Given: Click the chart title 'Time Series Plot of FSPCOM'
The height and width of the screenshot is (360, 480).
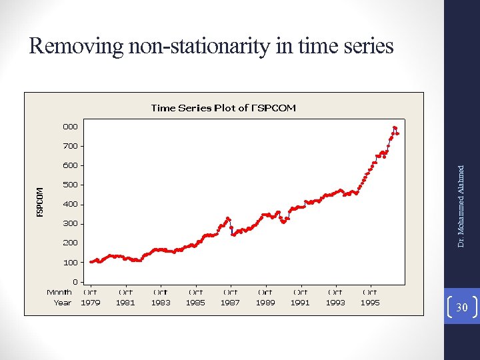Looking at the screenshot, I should [x=223, y=107].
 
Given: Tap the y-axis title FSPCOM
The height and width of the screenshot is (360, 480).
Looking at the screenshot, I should [x=40, y=201].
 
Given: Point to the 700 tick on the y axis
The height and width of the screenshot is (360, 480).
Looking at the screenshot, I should [x=70, y=145].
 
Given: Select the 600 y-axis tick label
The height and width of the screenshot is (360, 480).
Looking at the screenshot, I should [x=70, y=165].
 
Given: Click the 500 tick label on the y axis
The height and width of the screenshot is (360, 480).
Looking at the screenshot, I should [x=70, y=185].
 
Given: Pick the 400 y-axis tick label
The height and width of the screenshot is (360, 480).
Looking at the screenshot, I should [x=70, y=204].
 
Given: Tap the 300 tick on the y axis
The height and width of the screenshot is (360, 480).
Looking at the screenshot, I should [x=70, y=223].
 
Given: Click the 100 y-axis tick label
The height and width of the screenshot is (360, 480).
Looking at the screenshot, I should [x=70, y=262].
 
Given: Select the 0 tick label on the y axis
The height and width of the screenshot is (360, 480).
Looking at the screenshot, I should [x=75, y=282].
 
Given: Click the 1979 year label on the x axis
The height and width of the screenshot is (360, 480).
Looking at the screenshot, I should [x=90, y=302].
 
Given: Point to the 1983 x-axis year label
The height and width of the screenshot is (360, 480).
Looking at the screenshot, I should [x=160, y=302].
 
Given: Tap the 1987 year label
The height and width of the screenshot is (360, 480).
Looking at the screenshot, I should [x=230, y=302].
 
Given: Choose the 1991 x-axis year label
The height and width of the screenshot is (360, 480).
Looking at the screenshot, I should [x=300, y=302].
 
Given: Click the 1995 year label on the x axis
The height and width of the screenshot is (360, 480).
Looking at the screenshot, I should [x=370, y=302].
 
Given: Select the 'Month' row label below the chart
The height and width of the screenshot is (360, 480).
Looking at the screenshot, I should [x=59, y=292].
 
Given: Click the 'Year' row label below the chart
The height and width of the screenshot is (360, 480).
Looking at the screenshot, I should [x=62, y=302].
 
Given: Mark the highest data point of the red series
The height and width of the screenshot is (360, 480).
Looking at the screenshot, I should [x=395, y=127].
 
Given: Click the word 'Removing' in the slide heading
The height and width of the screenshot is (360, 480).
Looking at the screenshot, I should [x=76, y=46].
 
